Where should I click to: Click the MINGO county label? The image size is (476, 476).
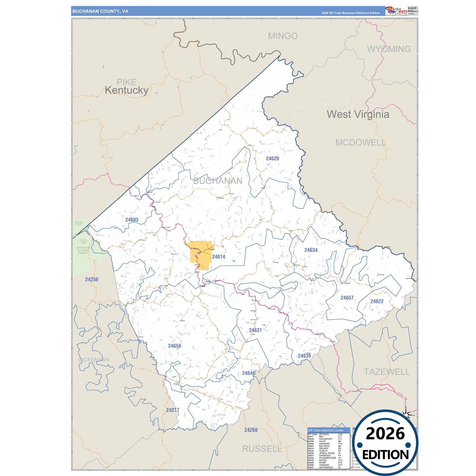click(283, 36)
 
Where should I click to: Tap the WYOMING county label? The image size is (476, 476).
click(389, 49)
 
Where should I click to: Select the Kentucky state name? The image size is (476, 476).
click(126, 90)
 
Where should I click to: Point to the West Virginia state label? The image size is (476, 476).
click(358, 114)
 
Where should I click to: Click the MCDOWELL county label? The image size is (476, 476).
click(360, 143)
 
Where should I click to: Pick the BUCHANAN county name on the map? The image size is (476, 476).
click(218, 181)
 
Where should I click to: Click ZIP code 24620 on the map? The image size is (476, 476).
click(272, 158)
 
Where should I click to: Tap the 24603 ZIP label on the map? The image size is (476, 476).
click(132, 220)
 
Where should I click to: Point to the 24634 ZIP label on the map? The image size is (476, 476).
click(311, 250)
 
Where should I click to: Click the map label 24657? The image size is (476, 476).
click(347, 298)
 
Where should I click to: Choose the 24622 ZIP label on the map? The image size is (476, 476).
click(377, 301)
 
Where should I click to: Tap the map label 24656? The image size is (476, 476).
click(174, 346)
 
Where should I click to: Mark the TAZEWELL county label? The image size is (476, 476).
click(387, 372)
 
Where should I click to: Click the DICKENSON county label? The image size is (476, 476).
click(94, 360)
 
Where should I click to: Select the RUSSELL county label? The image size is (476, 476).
click(262, 449)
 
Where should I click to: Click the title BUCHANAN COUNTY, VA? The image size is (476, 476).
click(100, 11)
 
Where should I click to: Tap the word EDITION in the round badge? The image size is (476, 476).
click(385, 455)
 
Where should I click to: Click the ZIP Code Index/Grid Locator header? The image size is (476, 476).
click(325, 430)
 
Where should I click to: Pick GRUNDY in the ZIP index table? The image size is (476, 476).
click(324, 448)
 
